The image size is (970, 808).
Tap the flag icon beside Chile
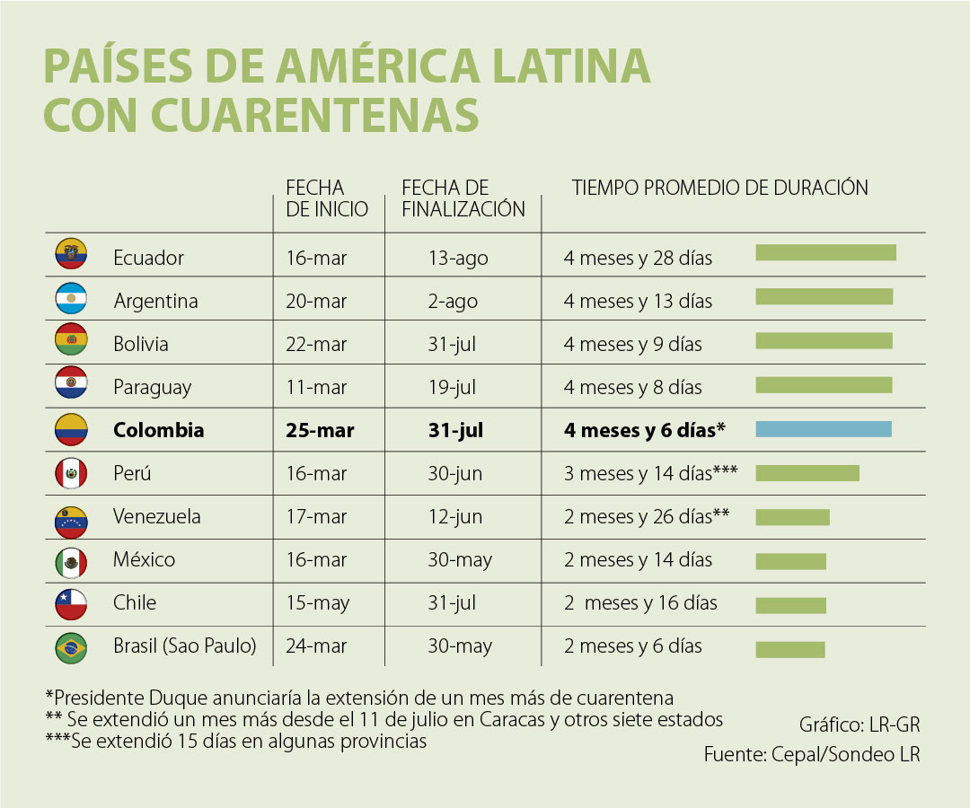(x=71, y=602)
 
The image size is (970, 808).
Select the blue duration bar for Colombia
(x=824, y=429)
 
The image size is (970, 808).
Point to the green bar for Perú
(x=807, y=473)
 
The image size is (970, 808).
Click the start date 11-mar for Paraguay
(x=316, y=387)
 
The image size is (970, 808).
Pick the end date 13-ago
(x=458, y=258)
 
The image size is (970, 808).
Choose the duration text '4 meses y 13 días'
(x=638, y=301)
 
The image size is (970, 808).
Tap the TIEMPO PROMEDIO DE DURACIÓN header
(x=720, y=188)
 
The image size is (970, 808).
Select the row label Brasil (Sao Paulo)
(x=185, y=646)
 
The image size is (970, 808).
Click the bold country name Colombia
(x=158, y=430)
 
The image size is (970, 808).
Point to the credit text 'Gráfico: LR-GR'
(x=860, y=725)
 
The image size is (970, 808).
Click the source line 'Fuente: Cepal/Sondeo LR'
(x=812, y=754)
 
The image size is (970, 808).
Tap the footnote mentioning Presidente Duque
(x=359, y=698)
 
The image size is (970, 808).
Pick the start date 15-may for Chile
(x=317, y=602)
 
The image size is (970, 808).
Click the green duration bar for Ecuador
(x=825, y=252)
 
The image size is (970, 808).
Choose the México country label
(x=144, y=559)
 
